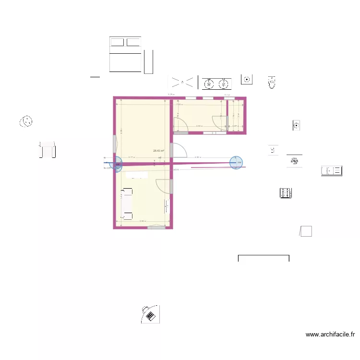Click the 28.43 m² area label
pyautogui.click(x=158, y=151)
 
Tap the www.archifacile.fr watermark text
pyautogui.click(x=331, y=335)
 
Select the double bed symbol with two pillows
pyautogui.click(x=125, y=54)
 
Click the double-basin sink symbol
pyautogui.click(x=216, y=84)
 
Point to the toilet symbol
pyautogui.click(x=272, y=83)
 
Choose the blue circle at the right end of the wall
pyautogui.click(x=236, y=163)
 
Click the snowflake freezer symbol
pyautogui.click(x=294, y=161)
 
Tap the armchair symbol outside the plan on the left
pyautogui.click(x=48, y=149)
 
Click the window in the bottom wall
pyautogui.click(x=156, y=227)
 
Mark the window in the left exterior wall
pyautogui.click(x=114, y=144)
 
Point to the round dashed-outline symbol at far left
pyautogui.click(x=26, y=121)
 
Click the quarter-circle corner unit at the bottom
pyautogui.click(x=150, y=314)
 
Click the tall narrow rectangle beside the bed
pyautogui.click(x=148, y=62)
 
